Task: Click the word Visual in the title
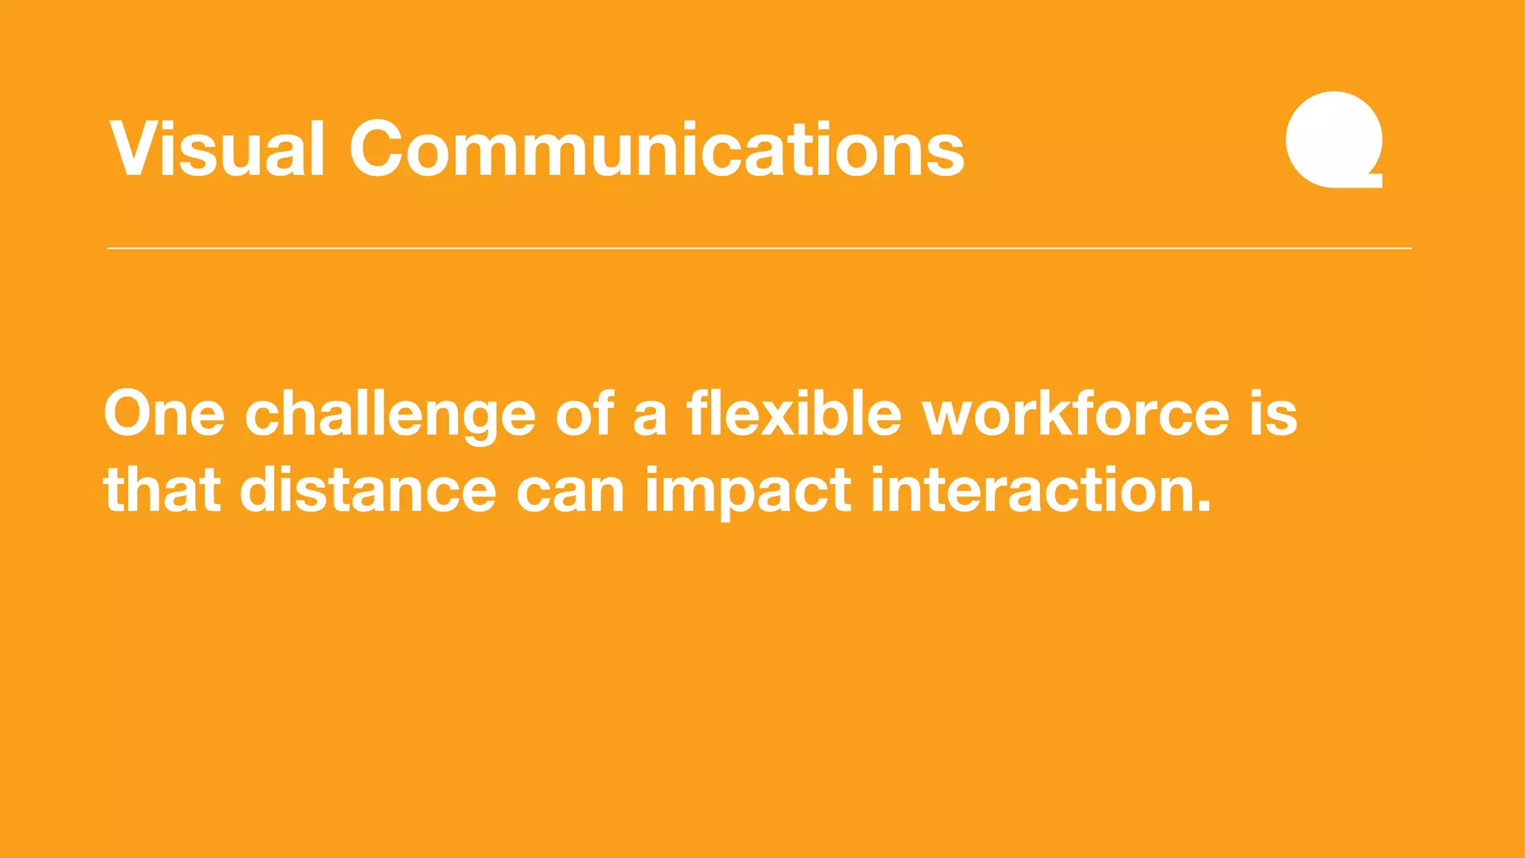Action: tap(217, 150)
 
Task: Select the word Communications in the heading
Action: tap(657, 150)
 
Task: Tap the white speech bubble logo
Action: tap(1334, 139)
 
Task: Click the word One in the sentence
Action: tap(164, 414)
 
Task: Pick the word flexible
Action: tap(793, 414)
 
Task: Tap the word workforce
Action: tap(1076, 414)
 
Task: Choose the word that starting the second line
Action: tap(162, 491)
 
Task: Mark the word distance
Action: tap(368, 491)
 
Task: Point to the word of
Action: tap(585, 414)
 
